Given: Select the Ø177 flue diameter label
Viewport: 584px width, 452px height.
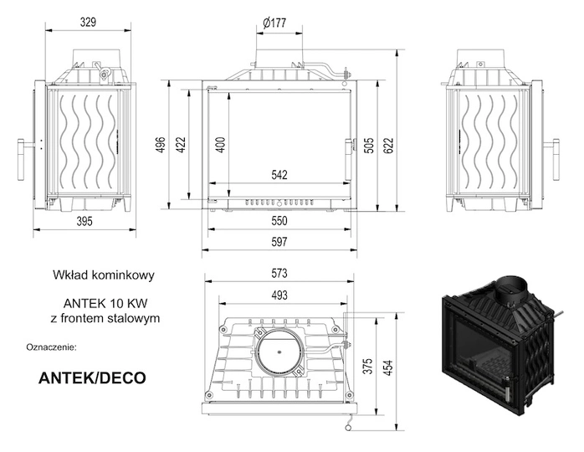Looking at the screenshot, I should tap(274, 23).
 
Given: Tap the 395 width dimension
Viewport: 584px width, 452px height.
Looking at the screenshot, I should tap(82, 221).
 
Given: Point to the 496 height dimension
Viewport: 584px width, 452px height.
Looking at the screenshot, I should tap(161, 145).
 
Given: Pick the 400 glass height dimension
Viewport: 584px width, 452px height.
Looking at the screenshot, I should tap(220, 145).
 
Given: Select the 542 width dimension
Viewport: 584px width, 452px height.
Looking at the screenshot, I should tap(279, 175).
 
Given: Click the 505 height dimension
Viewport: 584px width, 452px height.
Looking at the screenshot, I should tap(368, 145).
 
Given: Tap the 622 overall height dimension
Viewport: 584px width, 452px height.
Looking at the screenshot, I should tap(387, 145).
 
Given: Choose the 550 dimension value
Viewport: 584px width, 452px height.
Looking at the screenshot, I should tap(279, 221).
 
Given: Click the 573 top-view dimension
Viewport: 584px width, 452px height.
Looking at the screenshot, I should tap(279, 274).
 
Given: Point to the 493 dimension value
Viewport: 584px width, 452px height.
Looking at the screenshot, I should tap(279, 295).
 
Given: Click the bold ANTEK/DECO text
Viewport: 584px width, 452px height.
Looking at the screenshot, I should tap(92, 378).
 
